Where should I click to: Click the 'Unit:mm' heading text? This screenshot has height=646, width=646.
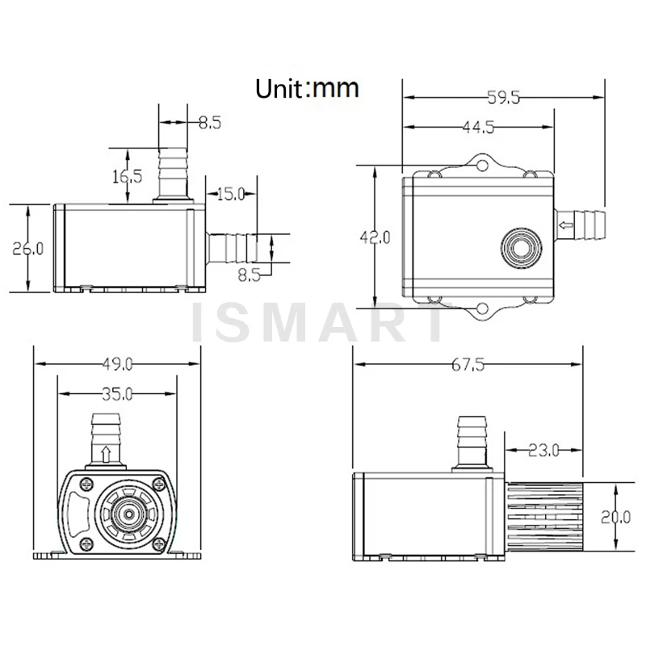(x=307, y=88)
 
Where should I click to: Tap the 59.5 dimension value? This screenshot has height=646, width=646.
(x=503, y=98)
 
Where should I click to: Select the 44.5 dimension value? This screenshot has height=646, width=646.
(x=478, y=128)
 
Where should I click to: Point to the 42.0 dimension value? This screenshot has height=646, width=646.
(x=375, y=237)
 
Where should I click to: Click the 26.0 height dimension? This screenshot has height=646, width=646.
(x=27, y=249)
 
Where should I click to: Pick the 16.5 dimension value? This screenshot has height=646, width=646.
(x=128, y=176)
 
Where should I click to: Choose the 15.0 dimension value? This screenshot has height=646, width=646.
(x=231, y=194)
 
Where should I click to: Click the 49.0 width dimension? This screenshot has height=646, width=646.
(x=117, y=364)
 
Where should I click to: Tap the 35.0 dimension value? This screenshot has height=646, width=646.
(x=117, y=394)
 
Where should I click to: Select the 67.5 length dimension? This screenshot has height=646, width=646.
(x=468, y=365)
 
